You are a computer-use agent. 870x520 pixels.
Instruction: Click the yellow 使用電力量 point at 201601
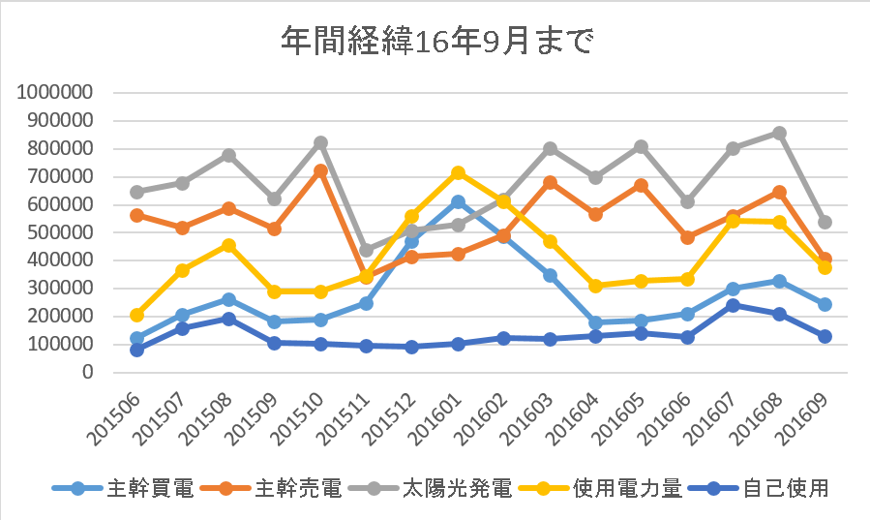point(459,173)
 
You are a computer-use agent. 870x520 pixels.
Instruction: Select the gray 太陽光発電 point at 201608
point(779,133)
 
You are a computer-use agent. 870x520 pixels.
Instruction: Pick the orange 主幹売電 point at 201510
point(320,170)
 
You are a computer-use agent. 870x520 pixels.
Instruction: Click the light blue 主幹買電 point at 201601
point(459,202)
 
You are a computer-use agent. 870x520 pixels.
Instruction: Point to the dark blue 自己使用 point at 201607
point(733,305)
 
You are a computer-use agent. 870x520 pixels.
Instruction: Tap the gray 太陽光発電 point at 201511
point(367,250)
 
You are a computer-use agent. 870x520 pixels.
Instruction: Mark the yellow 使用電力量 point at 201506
point(136,315)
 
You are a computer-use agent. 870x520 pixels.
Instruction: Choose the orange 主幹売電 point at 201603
point(550,182)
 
